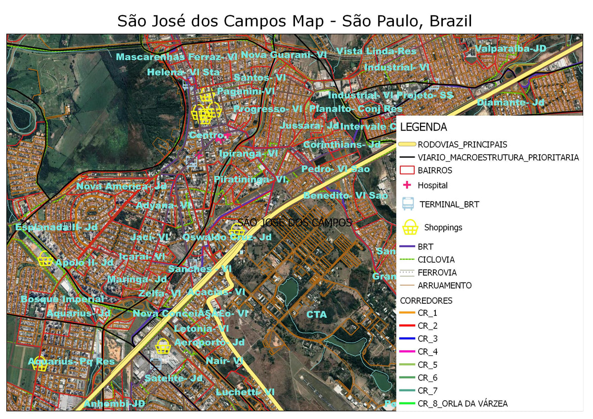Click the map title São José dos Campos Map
pos(295,21)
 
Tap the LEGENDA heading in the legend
pos(424,127)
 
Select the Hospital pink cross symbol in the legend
pos(408,185)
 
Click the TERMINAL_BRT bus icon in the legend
pos(408,204)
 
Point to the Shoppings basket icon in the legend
pos(410,227)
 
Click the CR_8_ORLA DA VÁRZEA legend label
pos(462,404)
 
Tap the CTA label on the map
pos(316,314)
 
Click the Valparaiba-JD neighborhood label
pos(510,48)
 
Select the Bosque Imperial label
pos(62,299)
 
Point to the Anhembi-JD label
pos(114,404)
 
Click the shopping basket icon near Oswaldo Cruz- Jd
pos(237,231)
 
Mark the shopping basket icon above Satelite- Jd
pos(163,346)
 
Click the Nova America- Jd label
pos(122,186)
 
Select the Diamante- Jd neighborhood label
pos(510,102)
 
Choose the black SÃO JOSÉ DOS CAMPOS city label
pos(295,222)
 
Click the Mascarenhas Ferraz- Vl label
pos(176,57)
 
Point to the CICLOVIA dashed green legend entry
pos(436,259)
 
